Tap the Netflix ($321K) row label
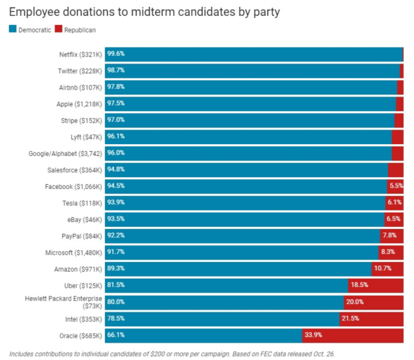coord(77,54)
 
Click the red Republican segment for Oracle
coord(352,335)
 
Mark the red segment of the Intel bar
coord(371,319)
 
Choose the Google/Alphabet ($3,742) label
coord(63,153)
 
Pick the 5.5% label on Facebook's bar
coord(396,186)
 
